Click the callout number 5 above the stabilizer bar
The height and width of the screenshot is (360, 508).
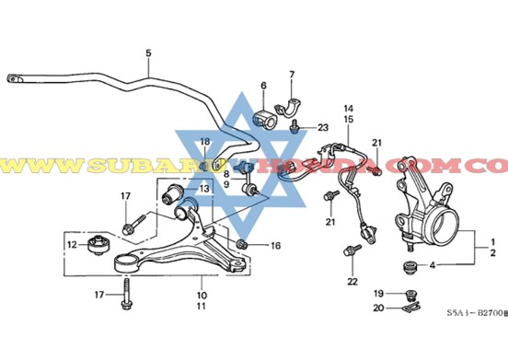(147, 54)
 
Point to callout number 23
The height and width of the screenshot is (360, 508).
(323, 126)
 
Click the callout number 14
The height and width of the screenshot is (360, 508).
(349, 107)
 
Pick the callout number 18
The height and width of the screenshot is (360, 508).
(205, 141)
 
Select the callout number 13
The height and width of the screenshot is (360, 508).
(204, 189)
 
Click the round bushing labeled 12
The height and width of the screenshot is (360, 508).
(96, 245)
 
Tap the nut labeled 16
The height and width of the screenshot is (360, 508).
(242, 244)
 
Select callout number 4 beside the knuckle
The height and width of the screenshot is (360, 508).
(434, 266)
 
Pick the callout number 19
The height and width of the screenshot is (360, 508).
(378, 294)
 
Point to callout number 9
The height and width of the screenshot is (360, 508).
(226, 185)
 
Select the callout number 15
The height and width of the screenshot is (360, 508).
(349, 120)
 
